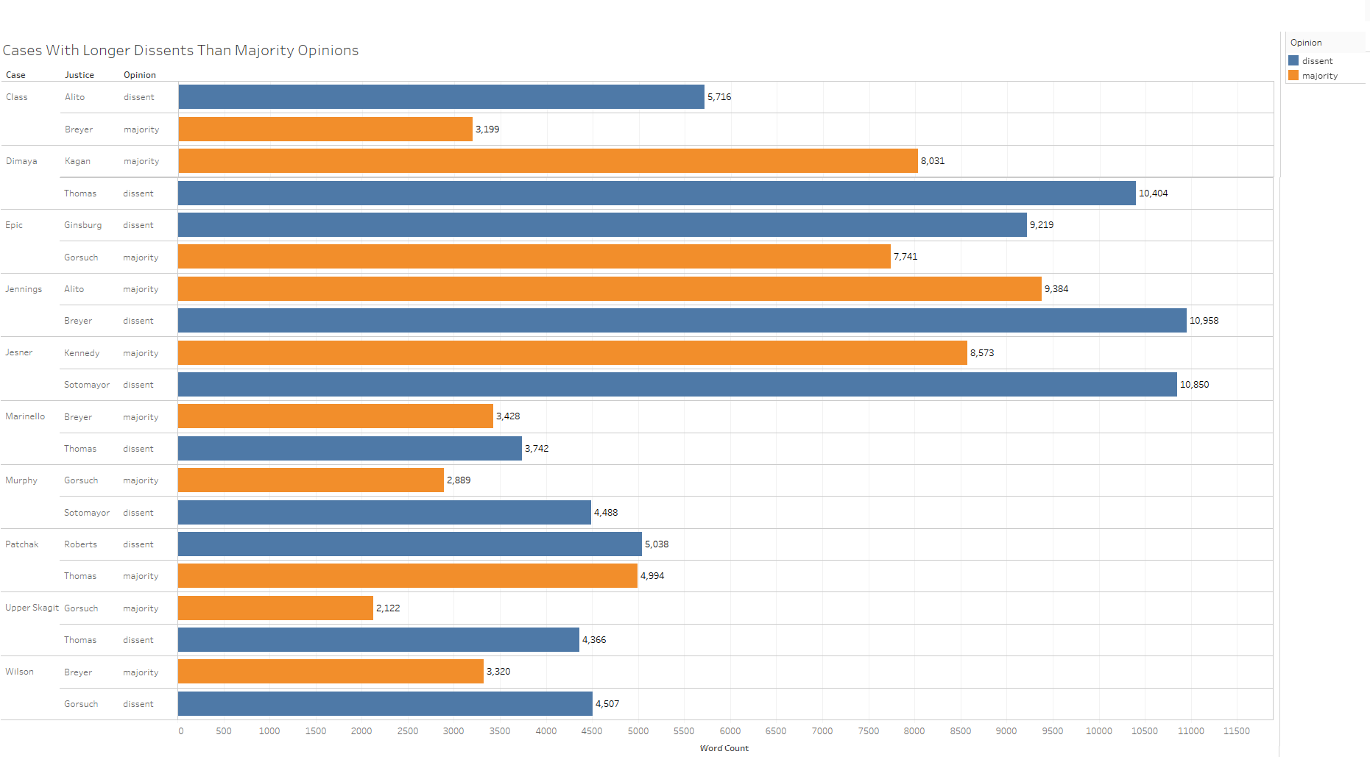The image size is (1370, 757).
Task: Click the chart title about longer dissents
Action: click(180, 50)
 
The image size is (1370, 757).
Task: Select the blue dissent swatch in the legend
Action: click(1293, 61)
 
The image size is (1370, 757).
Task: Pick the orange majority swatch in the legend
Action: click(1293, 76)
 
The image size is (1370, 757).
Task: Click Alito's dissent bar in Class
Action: click(441, 97)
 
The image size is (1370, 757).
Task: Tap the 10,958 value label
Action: click(1204, 321)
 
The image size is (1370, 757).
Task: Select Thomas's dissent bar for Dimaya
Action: click(657, 193)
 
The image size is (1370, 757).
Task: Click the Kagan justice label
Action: click(77, 161)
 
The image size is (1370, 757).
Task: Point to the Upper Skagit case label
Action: click(32, 608)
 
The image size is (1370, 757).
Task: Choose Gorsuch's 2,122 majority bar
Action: click(275, 608)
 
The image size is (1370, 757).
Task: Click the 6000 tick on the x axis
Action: click(730, 731)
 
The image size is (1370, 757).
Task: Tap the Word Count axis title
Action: click(724, 748)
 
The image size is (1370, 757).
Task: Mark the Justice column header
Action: click(79, 75)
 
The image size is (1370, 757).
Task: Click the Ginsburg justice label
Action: click(82, 225)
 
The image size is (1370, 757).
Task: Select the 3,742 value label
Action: click(537, 449)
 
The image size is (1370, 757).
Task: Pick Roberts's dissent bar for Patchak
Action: click(409, 544)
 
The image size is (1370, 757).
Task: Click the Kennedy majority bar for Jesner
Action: click(572, 353)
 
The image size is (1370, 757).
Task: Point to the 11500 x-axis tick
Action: click(1236, 731)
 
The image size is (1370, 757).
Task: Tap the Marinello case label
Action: click(25, 416)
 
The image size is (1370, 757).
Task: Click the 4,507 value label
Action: click(607, 704)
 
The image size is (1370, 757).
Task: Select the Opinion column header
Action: click(139, 75)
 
